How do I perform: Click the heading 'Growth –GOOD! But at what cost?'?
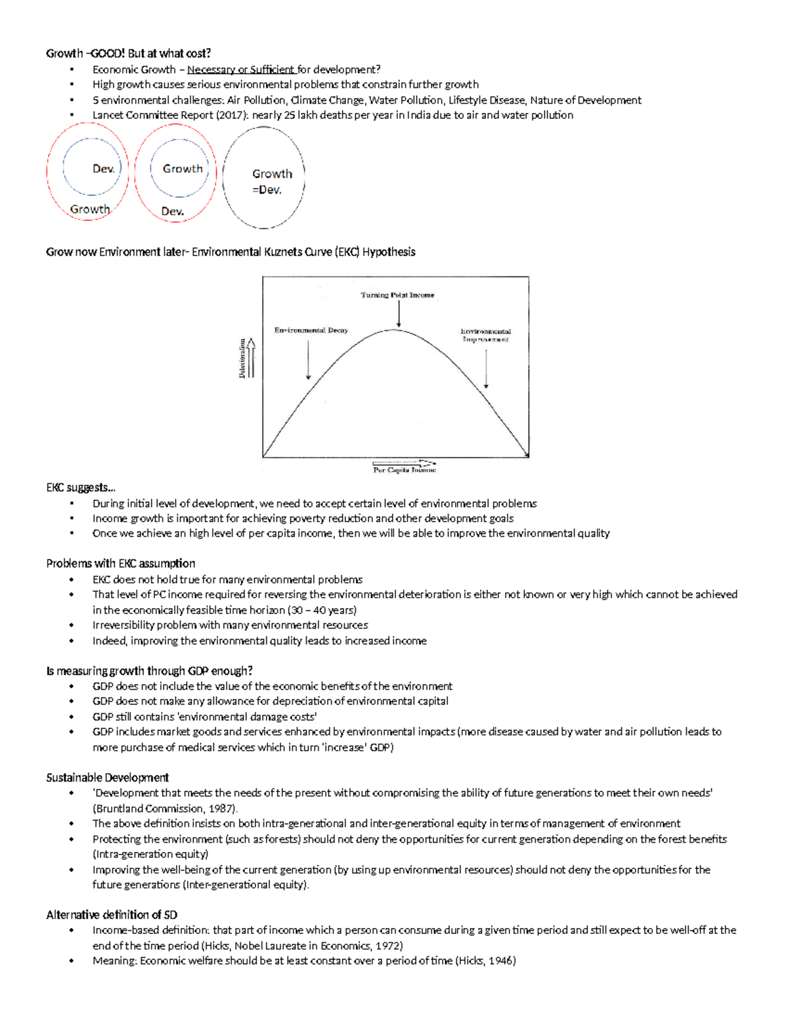(129, 53)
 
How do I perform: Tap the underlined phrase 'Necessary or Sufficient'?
(241, 70)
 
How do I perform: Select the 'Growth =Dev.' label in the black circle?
(271, 182)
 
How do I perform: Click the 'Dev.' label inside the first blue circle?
(104, 169)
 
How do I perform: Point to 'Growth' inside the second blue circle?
(183, 169)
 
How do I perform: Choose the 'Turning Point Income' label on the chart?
(397, 295)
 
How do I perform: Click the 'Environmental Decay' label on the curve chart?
(311, 330)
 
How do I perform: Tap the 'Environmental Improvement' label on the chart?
(485, 336)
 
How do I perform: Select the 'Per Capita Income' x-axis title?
(404, 470)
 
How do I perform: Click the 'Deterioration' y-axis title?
(242, 358)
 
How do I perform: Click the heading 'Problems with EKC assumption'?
(121, 564)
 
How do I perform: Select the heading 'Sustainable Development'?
(108, 778)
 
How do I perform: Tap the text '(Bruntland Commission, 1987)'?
(165, 809)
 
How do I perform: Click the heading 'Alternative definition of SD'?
(112, 915)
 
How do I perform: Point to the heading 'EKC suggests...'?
(81, 487)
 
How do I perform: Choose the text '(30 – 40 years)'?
(323, 610)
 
